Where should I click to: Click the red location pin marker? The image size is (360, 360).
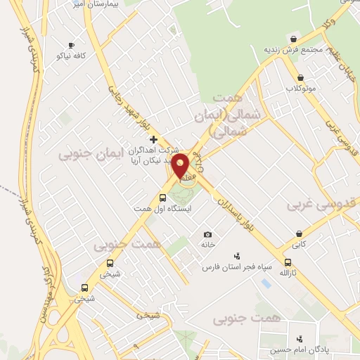pyautogui.click(x=181, y=166)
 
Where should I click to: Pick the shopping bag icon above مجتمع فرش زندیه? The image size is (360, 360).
pyautogui.click(x=293, y=39)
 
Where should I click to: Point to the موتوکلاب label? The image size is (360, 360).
pyautogui.click(x=300, y=89)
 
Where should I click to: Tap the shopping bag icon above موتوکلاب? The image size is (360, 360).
pyautogui.click(x=300, y=78)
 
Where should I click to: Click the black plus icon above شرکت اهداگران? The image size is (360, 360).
pyautogui.click(x=154, y=139)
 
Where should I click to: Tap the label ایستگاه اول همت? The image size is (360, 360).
pyautogui.click(x=163, y=209)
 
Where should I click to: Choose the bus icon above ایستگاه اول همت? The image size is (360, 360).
pyautogui.click(x=163, y=198)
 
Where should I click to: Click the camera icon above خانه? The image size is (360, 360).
pyautogui.click(x=207, y=234)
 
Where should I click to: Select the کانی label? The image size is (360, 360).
pyautogui.click(x=300, y=245)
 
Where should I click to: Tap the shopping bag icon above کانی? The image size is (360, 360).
pyautogui.click(x=300, y=234)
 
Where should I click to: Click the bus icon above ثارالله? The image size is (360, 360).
pyautogui.click(x=307, y=262)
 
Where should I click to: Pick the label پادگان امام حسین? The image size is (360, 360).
pyautogui.click(x=301, y=349)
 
